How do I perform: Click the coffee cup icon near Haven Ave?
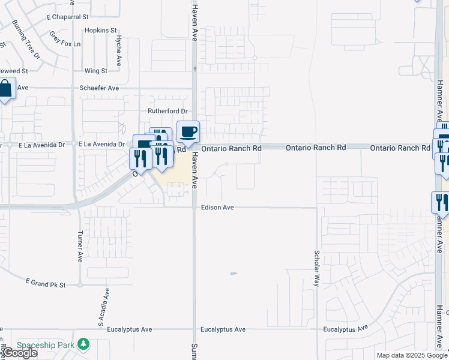pos(188,132)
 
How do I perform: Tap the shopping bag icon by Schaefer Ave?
pos(5,89)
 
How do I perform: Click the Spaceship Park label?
pos(45,345)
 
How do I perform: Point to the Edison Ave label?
pos(217,208)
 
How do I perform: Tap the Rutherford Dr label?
pos(168,111)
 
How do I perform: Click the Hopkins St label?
pos(100,30)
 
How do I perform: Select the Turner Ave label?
pos(79,246)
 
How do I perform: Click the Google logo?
pos(20,353)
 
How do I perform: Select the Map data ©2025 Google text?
pos(411,355)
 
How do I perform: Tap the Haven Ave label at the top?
pos(194,18)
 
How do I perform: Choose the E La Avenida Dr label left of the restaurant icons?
pos(101,145)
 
